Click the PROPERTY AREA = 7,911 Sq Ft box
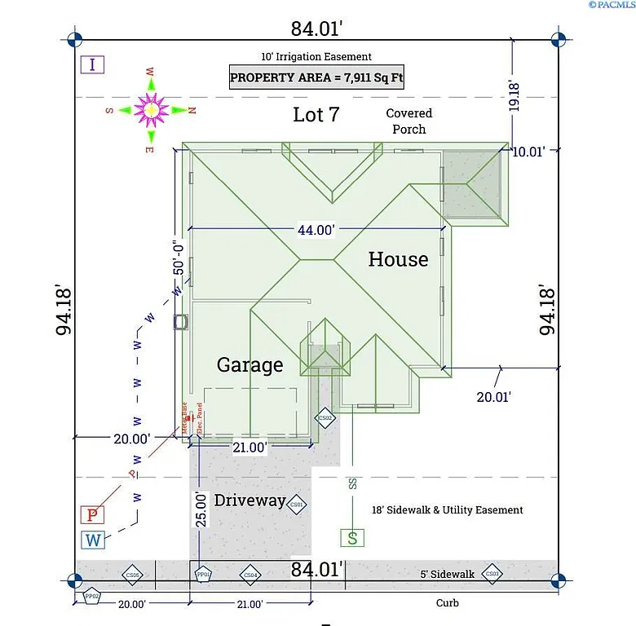click(317, 77)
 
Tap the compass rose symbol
click(151, 109)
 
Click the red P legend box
click(93, 514)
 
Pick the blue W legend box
click(93, 540)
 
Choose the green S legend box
click(352, 537)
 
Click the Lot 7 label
click(316, 115)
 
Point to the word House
click(398, 259)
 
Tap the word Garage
click(250, 365)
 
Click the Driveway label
click(250, 500)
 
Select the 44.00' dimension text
click(316, 230)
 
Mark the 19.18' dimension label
click(514, 95)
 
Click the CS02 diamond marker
click(325, 417)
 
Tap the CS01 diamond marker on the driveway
click(297, 505)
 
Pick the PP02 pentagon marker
click(92, 596)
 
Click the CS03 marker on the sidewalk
click(492, 575)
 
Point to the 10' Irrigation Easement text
click(316, 57)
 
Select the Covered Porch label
click(409, 121)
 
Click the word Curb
click(446, 603)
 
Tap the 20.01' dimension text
click(493, 396)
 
